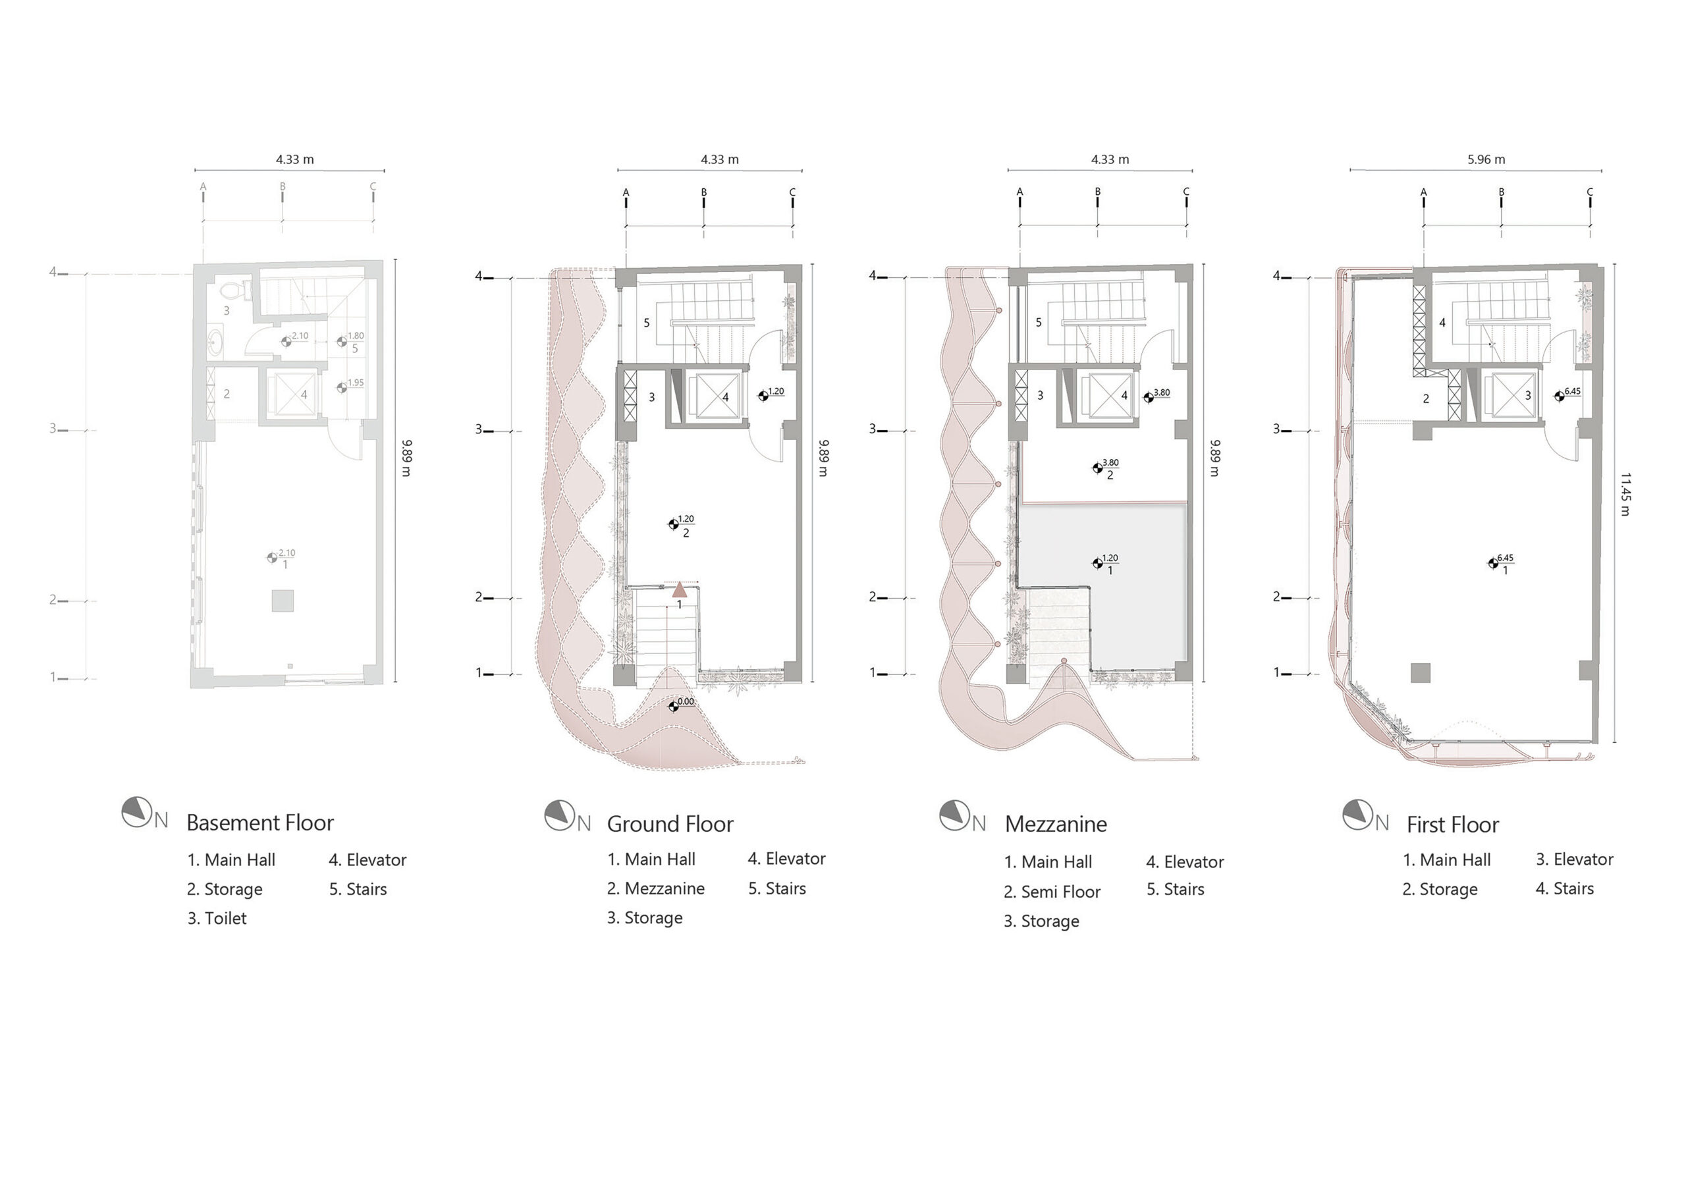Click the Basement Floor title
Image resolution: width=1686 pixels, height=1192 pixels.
click(x=260, y=823)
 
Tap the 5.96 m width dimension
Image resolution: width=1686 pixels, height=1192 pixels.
click(x=1486, y=159)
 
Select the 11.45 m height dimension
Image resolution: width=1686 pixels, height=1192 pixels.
click(x=1623, y=495)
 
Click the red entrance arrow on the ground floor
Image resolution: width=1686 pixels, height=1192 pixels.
click(x=680, y=589)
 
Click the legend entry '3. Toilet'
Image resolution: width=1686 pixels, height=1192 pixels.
click(x=217, y=918)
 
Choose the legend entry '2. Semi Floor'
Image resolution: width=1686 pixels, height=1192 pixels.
click(x=1052, y=892)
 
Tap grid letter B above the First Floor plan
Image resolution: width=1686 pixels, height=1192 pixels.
click(x=1502, y=192)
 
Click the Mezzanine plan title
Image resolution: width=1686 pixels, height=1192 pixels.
click(x=1055, y=824)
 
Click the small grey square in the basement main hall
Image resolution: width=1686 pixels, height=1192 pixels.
click(x=283, y=600)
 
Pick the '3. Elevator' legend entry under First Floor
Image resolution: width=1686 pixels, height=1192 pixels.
click(x=1575, y=859)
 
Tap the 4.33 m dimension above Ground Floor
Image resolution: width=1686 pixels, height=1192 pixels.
click(x=720, y=159)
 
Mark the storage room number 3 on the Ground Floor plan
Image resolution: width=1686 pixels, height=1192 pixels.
click(x=651, y=397)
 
